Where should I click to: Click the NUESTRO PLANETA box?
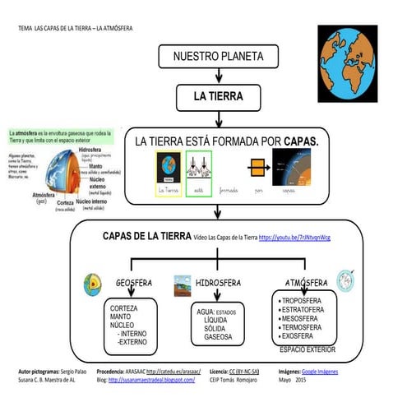218,57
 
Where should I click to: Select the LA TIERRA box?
218,97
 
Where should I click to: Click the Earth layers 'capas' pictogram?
290,170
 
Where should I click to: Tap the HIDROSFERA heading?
219,283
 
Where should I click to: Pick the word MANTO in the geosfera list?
121,317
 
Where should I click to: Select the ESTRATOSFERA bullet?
308,310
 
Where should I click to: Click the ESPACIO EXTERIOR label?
308,349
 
